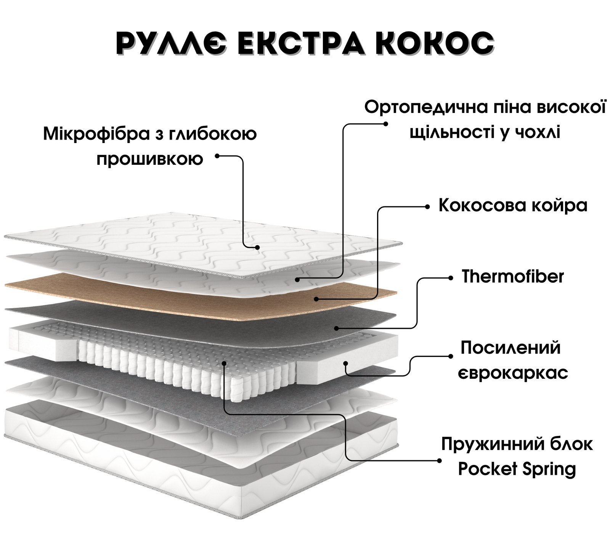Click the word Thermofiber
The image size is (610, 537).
[x=512, y=277]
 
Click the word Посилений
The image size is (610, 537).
[x=511, y=348]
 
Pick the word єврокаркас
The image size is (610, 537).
[x=513, y=373]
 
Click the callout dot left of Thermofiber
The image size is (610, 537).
[x=451, y=278]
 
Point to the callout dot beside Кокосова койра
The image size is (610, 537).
[x=427, y=206]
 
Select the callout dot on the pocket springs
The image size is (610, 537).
[x=224, y=363]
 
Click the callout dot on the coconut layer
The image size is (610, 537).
[x=316, y=299]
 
